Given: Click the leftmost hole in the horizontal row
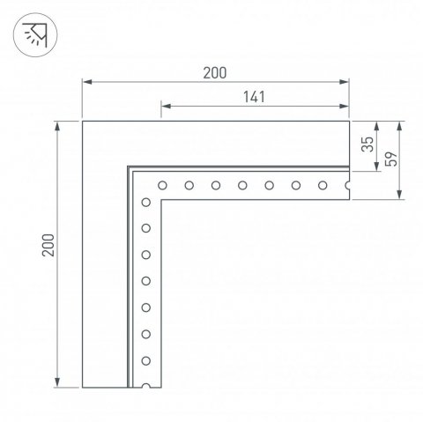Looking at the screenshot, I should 163,185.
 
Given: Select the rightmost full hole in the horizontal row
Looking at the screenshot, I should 323,185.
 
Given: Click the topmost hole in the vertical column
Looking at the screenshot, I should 146,203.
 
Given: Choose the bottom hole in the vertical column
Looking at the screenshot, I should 146,360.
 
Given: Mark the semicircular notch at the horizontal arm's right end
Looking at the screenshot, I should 348,185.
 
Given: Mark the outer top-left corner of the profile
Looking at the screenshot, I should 82,121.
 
